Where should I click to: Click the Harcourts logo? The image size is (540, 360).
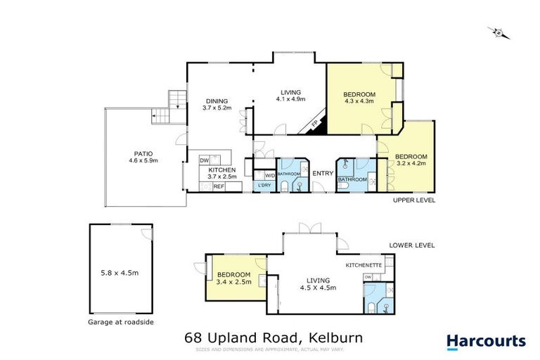[x=486, y=342]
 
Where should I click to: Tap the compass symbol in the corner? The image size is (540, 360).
[x=499, y=32]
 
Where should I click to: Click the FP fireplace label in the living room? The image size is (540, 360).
[x=314, y=125]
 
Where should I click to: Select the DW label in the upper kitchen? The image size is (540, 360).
[x=205, y=160]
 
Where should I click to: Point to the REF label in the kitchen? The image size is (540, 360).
[x=219, y=186]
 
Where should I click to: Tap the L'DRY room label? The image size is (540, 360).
[x=264, y=185]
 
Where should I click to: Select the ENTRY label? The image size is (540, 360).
[x=323, y=173]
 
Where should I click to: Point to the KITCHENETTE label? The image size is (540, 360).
[x=364, y=265]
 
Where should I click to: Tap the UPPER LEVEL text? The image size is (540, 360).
[x=413, y=200]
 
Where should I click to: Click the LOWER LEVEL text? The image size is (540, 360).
[x=413, y=245]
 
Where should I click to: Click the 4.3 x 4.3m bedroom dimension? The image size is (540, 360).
[x=359, y=101]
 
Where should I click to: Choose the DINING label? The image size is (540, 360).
[x=217, y=101]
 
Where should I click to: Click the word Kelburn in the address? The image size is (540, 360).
[x=334, y=337]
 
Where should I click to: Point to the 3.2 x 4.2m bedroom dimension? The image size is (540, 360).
[x=406, y=164]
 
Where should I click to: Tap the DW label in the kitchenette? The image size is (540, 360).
[x=368, y=278]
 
